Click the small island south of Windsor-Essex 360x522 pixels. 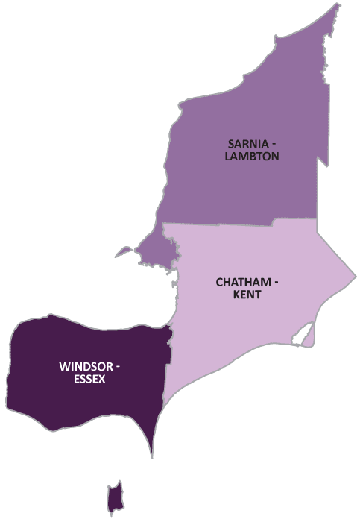click(x=114, y=499)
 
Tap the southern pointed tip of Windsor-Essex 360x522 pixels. click(x=153, y=455)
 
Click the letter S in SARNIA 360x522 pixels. click(x=232, y=143)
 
